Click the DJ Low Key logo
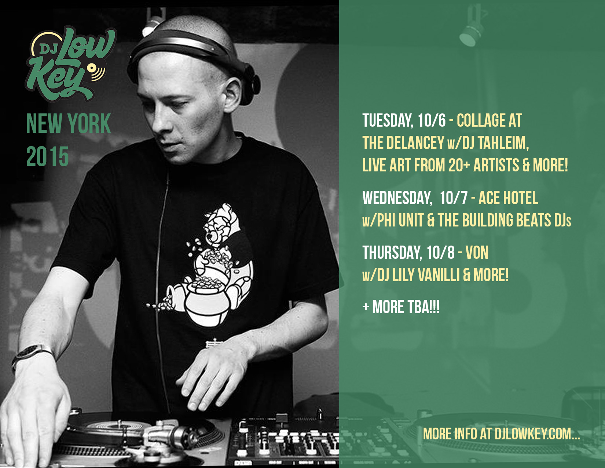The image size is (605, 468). point(71,64)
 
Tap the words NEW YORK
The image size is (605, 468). point(69,123)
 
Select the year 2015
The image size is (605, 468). point(47,157)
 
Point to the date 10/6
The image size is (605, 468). point(432,120)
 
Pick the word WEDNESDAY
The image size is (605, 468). point(397,198)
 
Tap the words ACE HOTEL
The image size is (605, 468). point(508,198)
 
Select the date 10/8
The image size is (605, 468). point(440,253)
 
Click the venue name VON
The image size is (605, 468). point(477,253)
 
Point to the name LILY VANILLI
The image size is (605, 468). point(426,275)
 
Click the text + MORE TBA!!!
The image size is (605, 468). point(401,307)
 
